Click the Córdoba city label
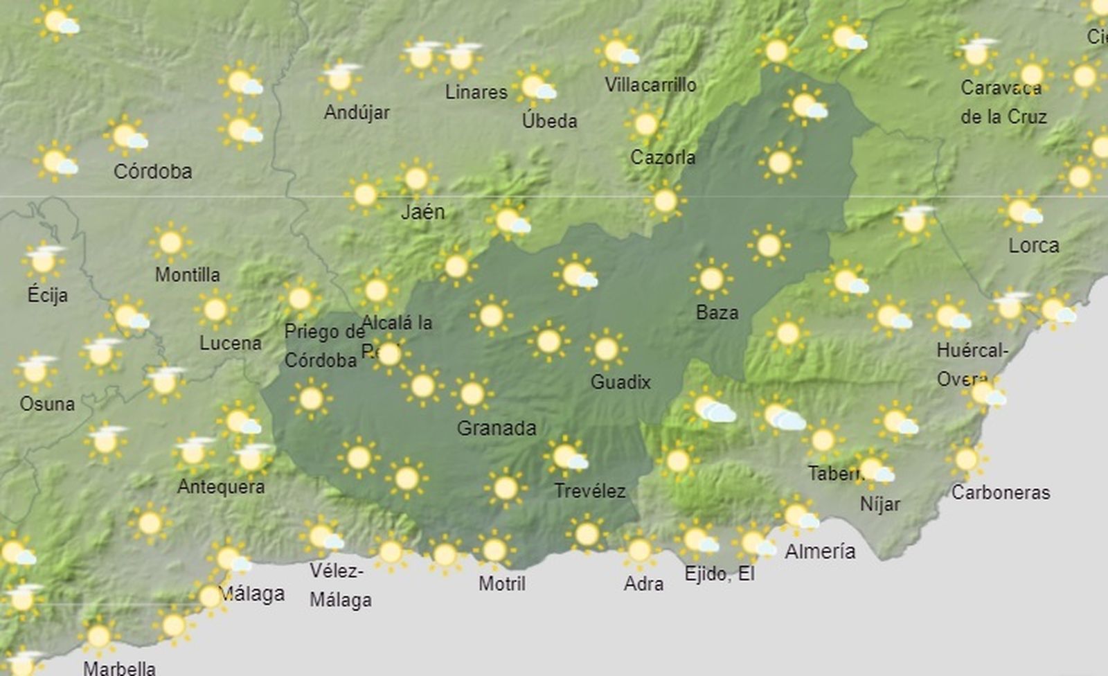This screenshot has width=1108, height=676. coord(152,171)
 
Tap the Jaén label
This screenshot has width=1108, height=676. coord(422,212)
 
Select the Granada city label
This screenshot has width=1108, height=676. coord(496,428)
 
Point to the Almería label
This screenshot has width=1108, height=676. coord(820,551)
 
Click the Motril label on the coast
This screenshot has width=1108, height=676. coord(502,583)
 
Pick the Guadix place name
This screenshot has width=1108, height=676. coord(620,382)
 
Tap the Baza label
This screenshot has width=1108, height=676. coord(717,312)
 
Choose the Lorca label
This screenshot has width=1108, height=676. coord(1033,245)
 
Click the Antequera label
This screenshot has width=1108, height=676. coord(221,486)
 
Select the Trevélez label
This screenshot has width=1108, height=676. coord(590,491)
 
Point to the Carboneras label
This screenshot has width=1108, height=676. coord(1001,492)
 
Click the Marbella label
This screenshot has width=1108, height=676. coord(119,668)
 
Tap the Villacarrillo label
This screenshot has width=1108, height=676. coord(650,84)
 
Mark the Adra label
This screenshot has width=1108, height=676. coord(643,584)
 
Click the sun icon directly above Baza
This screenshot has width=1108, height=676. coord(711,278)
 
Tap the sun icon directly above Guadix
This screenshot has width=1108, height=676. coord(606,349)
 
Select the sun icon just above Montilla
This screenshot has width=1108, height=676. coord(170,242)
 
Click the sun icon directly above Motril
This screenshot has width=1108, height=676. coord(494,550)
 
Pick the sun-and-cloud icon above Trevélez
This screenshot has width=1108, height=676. coord(566,457)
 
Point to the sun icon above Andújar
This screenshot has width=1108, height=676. coord(340,78)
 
